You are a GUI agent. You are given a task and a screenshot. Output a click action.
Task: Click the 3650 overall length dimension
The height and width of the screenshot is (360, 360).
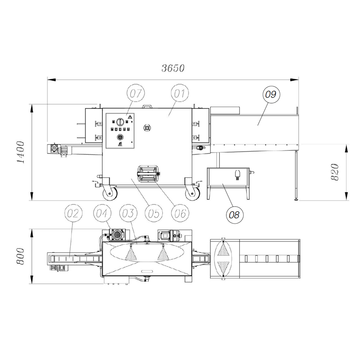173,68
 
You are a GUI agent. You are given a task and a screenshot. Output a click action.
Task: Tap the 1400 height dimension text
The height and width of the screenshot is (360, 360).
21,152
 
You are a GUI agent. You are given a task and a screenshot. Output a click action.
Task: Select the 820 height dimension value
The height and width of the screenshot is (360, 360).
334,172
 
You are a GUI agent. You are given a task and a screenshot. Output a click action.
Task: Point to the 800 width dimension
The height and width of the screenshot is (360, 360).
20,256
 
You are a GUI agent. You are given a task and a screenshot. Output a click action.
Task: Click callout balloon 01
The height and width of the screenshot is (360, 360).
180,93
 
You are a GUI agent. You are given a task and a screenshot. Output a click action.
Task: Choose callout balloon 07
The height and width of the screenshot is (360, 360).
136,93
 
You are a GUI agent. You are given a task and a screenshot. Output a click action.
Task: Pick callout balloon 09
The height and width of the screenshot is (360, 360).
271,94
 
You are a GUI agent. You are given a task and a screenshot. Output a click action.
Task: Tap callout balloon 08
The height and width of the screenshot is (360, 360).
234,215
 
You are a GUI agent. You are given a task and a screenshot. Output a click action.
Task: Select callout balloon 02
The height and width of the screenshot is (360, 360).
73,213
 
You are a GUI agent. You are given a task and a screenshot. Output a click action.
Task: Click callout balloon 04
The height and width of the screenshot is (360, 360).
102,213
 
